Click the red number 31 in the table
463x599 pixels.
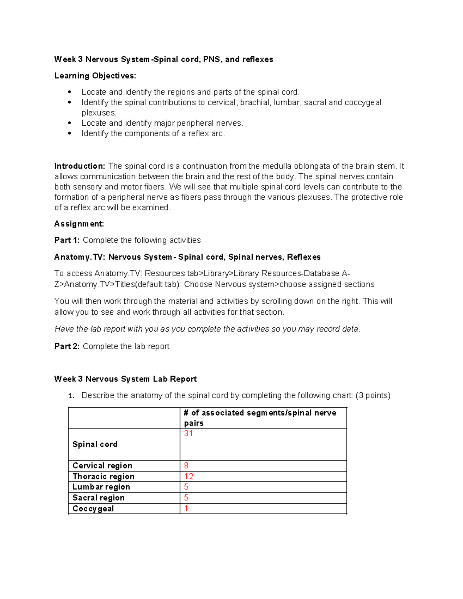188,434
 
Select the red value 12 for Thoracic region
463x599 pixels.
189,476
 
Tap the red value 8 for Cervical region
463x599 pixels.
186,466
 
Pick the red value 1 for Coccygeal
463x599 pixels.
186,508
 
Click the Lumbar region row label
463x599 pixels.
101,487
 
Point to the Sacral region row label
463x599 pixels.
98,498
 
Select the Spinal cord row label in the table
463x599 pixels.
95,444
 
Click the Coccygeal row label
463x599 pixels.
93,508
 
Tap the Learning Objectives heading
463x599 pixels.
95,76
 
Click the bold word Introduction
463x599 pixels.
79,166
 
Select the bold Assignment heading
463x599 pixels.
79,224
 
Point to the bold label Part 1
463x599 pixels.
67,240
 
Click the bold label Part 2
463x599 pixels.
67,346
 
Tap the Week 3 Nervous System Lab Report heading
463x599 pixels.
125,379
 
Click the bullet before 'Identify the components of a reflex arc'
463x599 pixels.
69,134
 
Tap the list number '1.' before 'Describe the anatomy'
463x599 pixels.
71,396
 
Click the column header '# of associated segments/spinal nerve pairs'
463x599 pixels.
260,418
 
